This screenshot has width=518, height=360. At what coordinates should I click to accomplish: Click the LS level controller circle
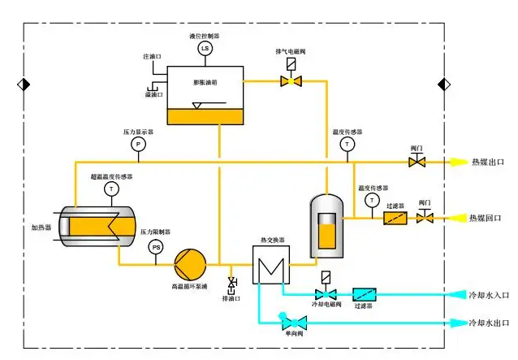(x=204, y=48)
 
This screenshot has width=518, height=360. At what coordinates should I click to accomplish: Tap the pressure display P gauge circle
(x=137, y=144)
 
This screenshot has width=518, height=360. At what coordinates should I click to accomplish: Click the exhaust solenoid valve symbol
(x=290, y=80)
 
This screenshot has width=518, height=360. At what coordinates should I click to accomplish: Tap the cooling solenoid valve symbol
(x=326, y=293)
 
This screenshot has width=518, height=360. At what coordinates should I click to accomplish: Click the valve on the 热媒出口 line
(x=417, y=163)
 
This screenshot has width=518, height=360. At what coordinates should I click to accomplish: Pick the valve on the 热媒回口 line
(x=424, y=217)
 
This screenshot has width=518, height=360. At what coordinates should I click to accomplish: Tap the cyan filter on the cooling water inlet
(x=363, y=293)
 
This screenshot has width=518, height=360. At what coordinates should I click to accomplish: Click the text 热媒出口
(x=487, y=163)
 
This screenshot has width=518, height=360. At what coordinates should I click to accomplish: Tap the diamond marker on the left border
(x=23, y=84)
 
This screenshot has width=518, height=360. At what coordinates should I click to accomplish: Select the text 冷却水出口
(x=489, y=323)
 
